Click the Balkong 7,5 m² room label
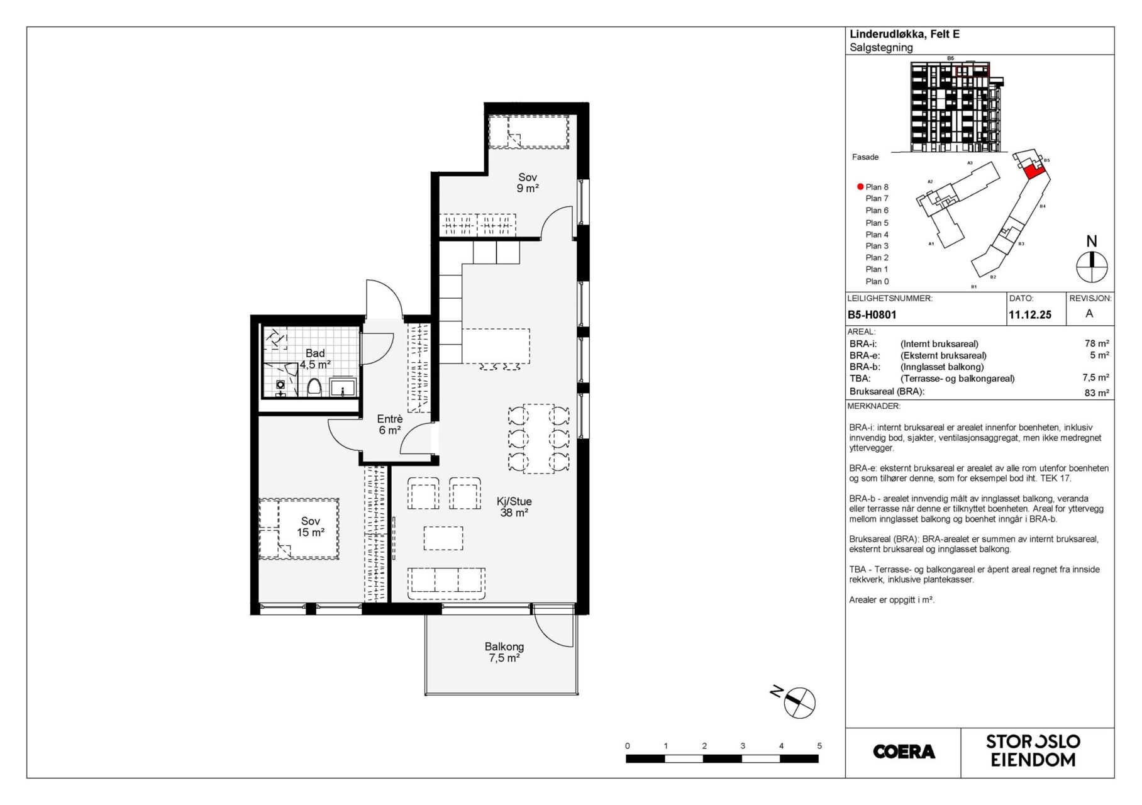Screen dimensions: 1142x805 (504, 652)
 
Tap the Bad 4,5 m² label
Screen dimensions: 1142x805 (315, 358)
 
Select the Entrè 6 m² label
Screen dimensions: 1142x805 (390, 425)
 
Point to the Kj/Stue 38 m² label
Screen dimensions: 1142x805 (514, 507)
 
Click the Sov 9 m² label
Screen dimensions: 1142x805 (528, 182)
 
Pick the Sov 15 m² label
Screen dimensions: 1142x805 (311, 527)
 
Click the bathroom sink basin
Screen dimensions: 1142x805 (343, 386)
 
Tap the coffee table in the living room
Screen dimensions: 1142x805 (443, 538)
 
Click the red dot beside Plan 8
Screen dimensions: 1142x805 (860, 187)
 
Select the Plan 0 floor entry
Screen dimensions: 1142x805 (877, 282)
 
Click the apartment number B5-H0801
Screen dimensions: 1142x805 (872, 315)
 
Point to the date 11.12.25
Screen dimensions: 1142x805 (1030, 315)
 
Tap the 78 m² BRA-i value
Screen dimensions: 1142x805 (1097, 343)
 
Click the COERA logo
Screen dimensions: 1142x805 (904, 752)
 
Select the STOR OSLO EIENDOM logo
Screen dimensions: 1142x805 (1033, 751)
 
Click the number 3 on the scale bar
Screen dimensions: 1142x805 (743, 746)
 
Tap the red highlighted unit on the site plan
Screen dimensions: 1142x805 (1032, 170)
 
